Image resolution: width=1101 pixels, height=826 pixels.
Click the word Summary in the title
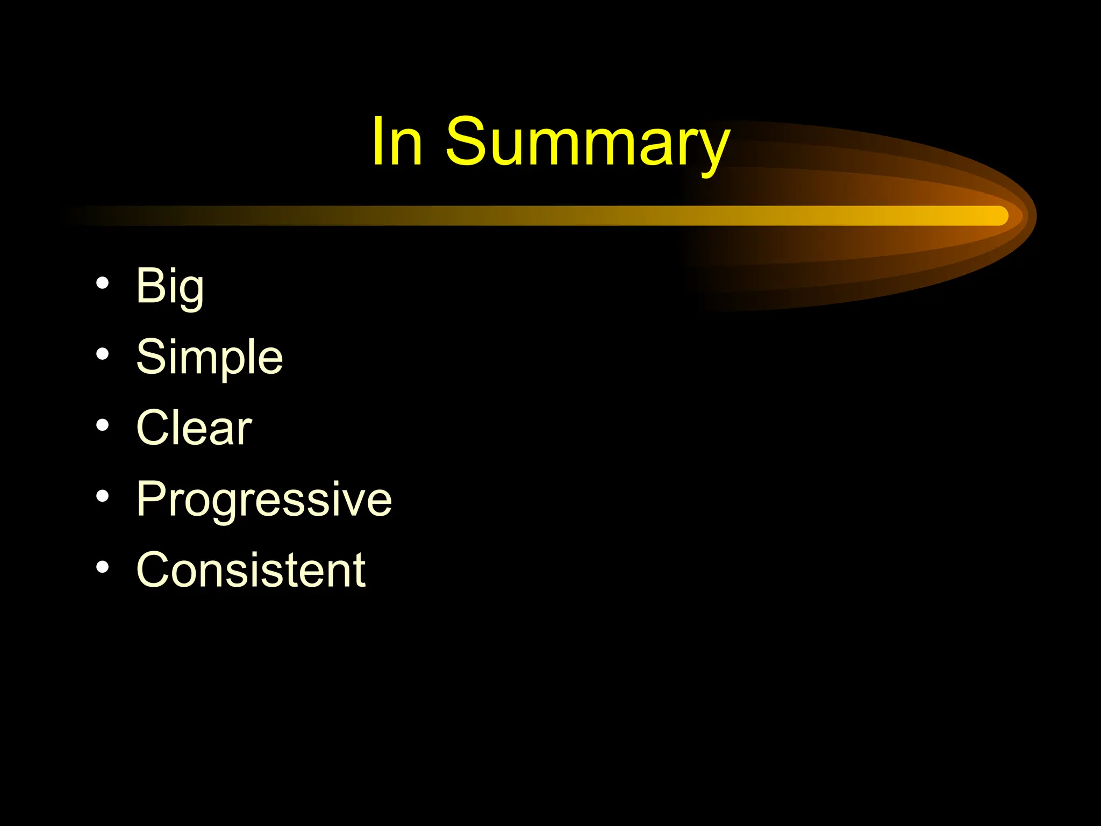587,143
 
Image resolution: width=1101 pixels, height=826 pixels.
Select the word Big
170,287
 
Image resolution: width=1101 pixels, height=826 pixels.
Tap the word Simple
209,358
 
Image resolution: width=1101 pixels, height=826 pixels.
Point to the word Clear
194,428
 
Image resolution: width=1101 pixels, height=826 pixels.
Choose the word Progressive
264,500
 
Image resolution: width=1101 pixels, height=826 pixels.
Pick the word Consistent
251,570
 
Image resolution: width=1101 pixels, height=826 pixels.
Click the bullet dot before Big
103,283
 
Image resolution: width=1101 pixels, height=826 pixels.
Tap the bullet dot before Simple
103,354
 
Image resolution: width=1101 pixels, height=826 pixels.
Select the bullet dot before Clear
103,425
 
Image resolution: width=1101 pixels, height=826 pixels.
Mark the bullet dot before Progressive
103,496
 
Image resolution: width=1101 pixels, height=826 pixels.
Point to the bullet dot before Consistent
103,567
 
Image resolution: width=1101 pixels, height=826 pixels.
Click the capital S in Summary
466,141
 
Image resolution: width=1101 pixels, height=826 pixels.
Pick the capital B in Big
150,286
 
